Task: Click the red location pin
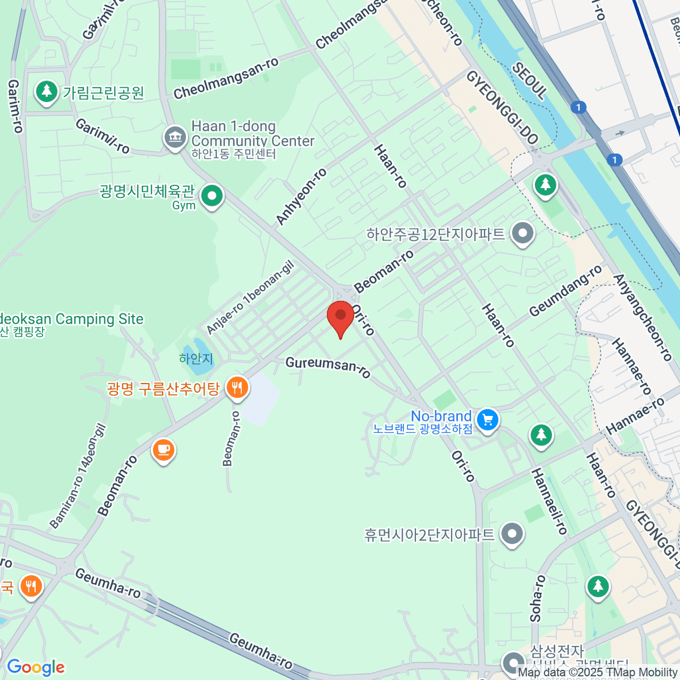coord(341,317)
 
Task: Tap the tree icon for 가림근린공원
coord(46,92)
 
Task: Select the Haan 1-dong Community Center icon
coord(175,137)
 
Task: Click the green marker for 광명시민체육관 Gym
coord(212,196)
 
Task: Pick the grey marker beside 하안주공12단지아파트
coord(522,233)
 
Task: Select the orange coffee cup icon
coord(164,450)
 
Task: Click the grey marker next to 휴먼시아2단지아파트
coord(513,534)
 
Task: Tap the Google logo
coord(36,668)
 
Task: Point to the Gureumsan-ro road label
coord(328,367)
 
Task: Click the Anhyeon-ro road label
coord(301,196)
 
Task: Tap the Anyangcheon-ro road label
coord(643,317)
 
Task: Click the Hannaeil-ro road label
coord(549,501)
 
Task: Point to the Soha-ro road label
coord(538,598)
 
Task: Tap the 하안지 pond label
coord(196,358)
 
